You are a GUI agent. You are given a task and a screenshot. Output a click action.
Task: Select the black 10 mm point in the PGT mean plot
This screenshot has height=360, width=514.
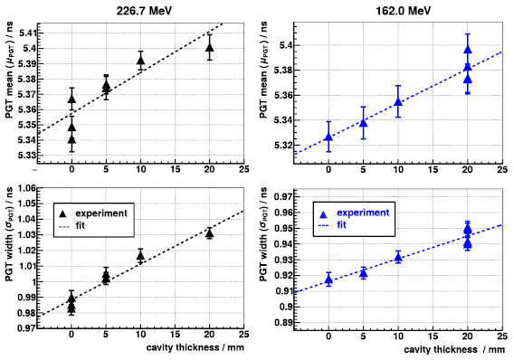pyautogui.click(x=140, y=61)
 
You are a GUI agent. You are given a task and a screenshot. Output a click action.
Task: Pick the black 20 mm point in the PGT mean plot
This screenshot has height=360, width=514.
pyautogui.click(x=209, y=47)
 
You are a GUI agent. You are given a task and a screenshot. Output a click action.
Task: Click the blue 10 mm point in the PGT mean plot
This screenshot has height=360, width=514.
pyautogui.click(x=397, y=101)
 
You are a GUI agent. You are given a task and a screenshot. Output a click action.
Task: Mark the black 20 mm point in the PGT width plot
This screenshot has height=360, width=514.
pyautogui.click(x=209, y=232)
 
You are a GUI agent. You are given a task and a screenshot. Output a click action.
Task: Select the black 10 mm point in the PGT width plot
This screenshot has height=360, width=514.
pyautogui.click(x=140, y=256)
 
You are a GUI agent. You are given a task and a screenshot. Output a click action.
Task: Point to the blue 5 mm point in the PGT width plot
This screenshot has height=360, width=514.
pyautogui.click(x=363, y=272)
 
